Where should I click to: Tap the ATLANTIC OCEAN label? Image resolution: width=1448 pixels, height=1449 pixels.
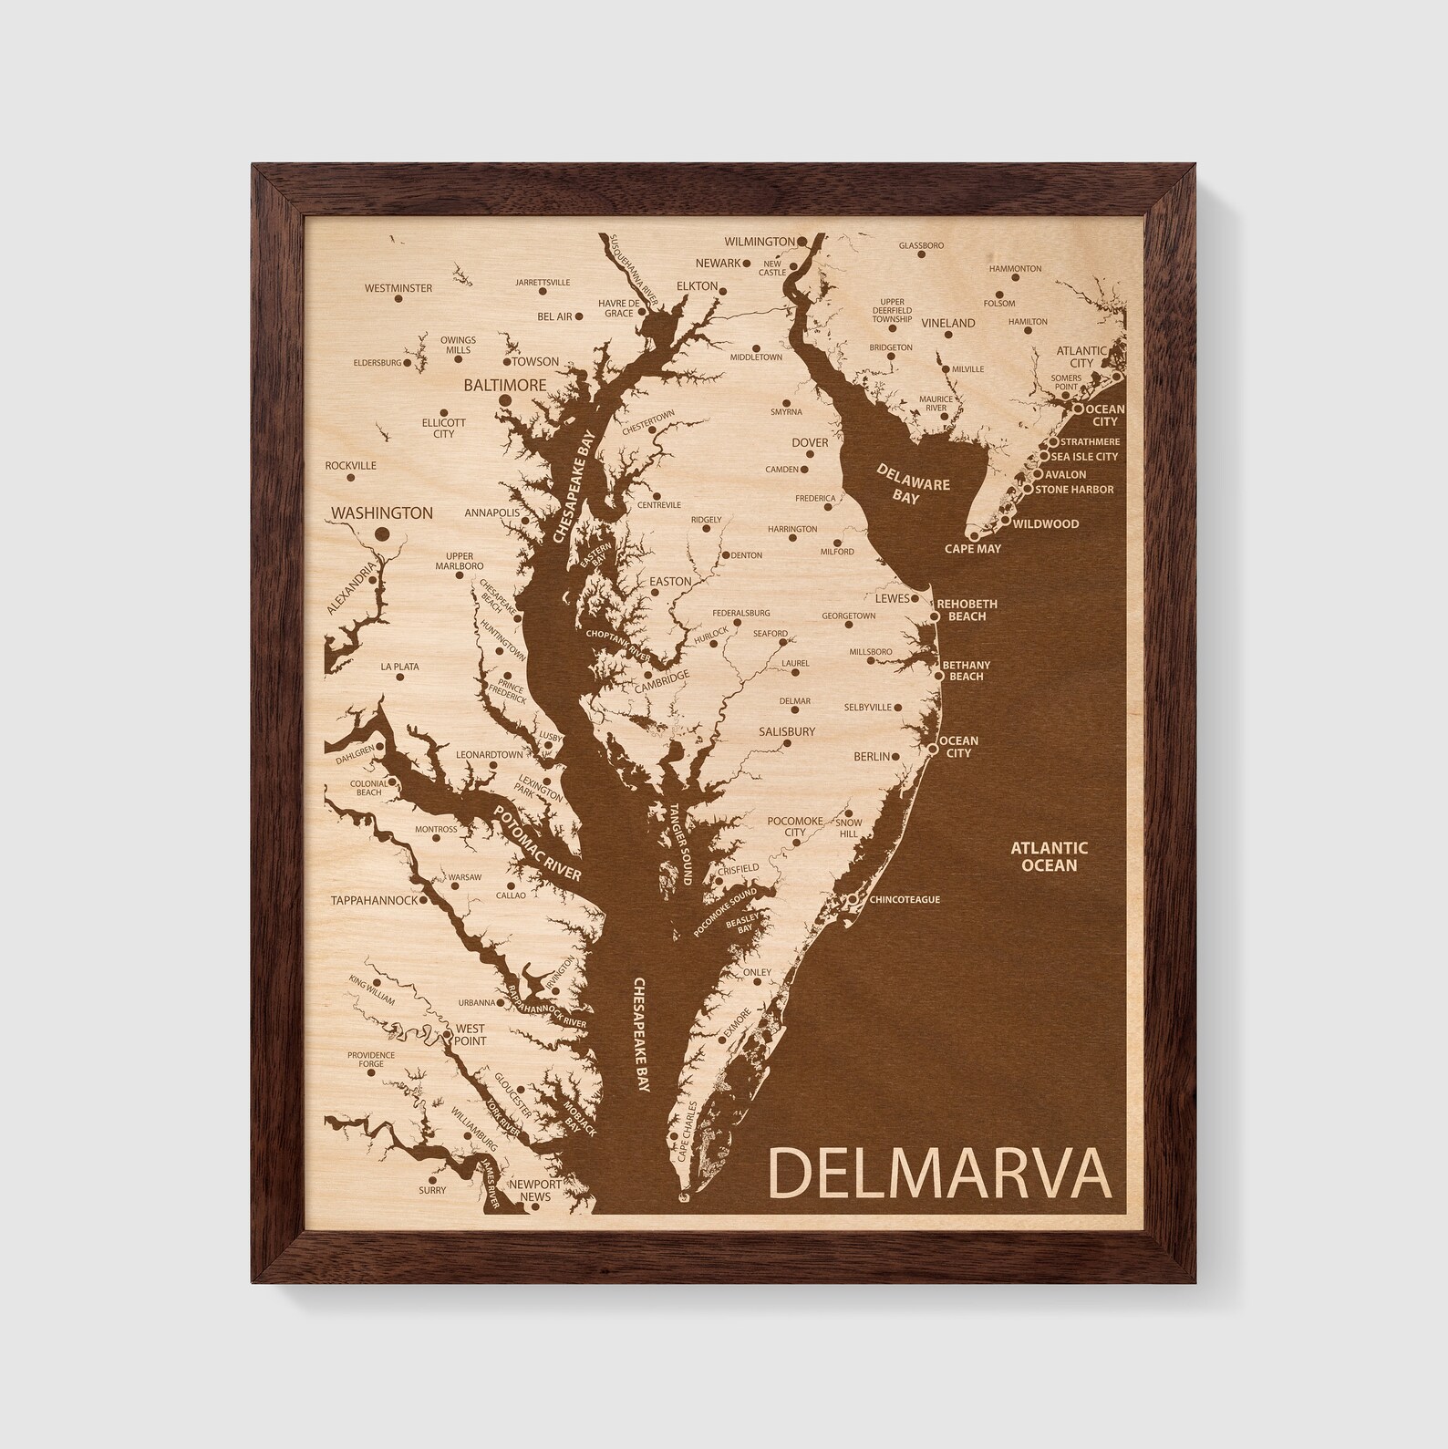[x=1049, y=856]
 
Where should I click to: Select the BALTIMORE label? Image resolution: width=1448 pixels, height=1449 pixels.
[x=504, y=385]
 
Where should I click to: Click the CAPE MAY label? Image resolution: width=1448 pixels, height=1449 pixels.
[x=972, y=549]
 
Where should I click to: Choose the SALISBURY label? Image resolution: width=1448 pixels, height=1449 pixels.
[x=787, y=731]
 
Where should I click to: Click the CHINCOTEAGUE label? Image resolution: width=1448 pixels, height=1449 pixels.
[x=905, y=900]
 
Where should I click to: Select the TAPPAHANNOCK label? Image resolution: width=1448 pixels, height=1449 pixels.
[x=374, y=900]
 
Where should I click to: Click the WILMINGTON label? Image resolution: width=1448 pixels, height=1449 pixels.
[x=759, y=242]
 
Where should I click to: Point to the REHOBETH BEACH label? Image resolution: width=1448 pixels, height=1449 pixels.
[x=967, y=610]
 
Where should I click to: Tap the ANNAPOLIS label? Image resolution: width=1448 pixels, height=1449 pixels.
[x=491, y=513]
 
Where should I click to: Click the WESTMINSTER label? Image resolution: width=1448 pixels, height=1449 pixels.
[x=398, y=288]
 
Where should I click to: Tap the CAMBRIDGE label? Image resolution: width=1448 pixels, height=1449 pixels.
[x=662, y=677]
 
